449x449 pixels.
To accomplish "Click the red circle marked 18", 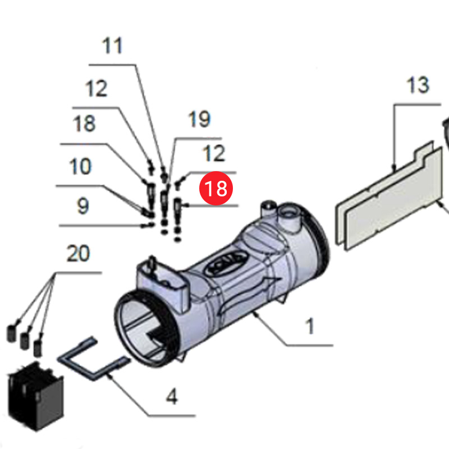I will [217, 189].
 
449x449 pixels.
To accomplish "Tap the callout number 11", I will [113, 45].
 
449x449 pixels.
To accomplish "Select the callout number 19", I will [199, 119].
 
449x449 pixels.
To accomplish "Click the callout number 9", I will [83, 206].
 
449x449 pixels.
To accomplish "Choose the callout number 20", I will [78, 254].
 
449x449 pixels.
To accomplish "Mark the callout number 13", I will [418, 85].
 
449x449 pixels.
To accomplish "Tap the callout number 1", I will [310, 326].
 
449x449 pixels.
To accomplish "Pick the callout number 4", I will [172, 397].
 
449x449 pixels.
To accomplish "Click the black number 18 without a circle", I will [84, 123].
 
